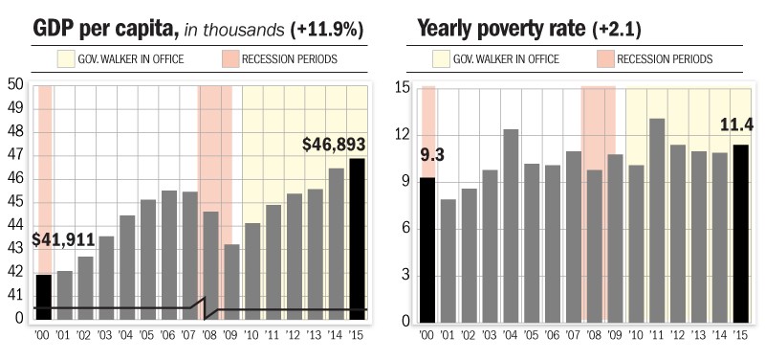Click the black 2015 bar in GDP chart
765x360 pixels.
[356, 239]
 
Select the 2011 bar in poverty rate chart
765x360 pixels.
[657, 220]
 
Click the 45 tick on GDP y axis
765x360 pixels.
[15, 202]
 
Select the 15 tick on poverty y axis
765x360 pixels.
[402, 89]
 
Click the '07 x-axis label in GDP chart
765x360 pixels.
[189, 335]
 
